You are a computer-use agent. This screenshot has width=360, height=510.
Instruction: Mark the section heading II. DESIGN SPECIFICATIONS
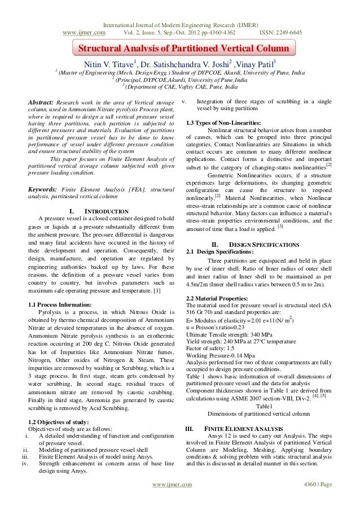pos(251,245)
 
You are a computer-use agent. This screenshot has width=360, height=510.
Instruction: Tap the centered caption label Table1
pos(264,406)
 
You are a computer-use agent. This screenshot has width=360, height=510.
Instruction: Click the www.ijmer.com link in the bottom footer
pos(173,500)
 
